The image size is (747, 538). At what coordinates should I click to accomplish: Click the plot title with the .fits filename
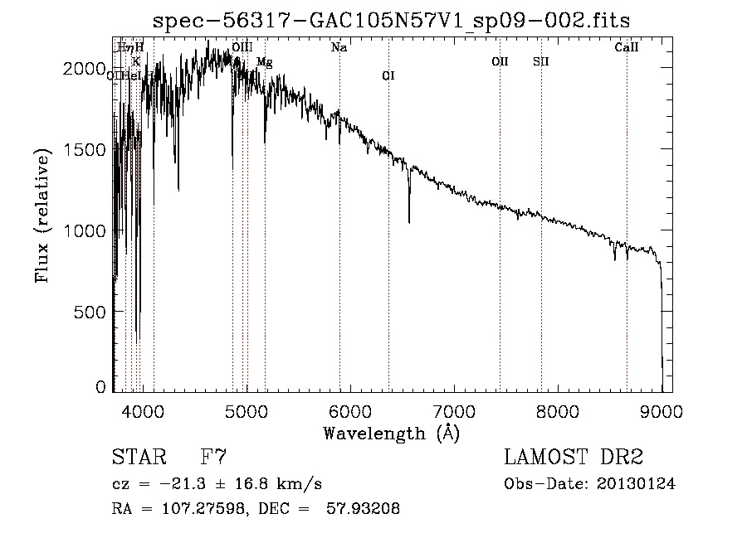click(397, 21)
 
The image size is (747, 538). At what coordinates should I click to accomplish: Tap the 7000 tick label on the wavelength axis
click(454, 411)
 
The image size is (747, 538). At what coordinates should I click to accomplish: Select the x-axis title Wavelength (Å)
click(391, 433)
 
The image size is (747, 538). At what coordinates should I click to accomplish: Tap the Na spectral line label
click(339, 48)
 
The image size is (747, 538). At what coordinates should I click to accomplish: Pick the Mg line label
click(264, 62)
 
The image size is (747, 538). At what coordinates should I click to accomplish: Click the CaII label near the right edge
click(627, 48)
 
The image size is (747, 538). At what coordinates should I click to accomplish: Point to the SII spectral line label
click(541, 61)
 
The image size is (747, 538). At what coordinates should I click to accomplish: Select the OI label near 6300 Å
click(388, 76)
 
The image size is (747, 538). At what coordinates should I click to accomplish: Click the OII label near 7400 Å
click(500, 61)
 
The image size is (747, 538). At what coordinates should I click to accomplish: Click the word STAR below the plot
click(134, 457)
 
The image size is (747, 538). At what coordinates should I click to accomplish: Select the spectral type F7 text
click(213, 457)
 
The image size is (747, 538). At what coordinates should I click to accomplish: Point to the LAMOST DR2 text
click(574, 457)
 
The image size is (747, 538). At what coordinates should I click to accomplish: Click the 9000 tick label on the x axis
click(662, 411)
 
